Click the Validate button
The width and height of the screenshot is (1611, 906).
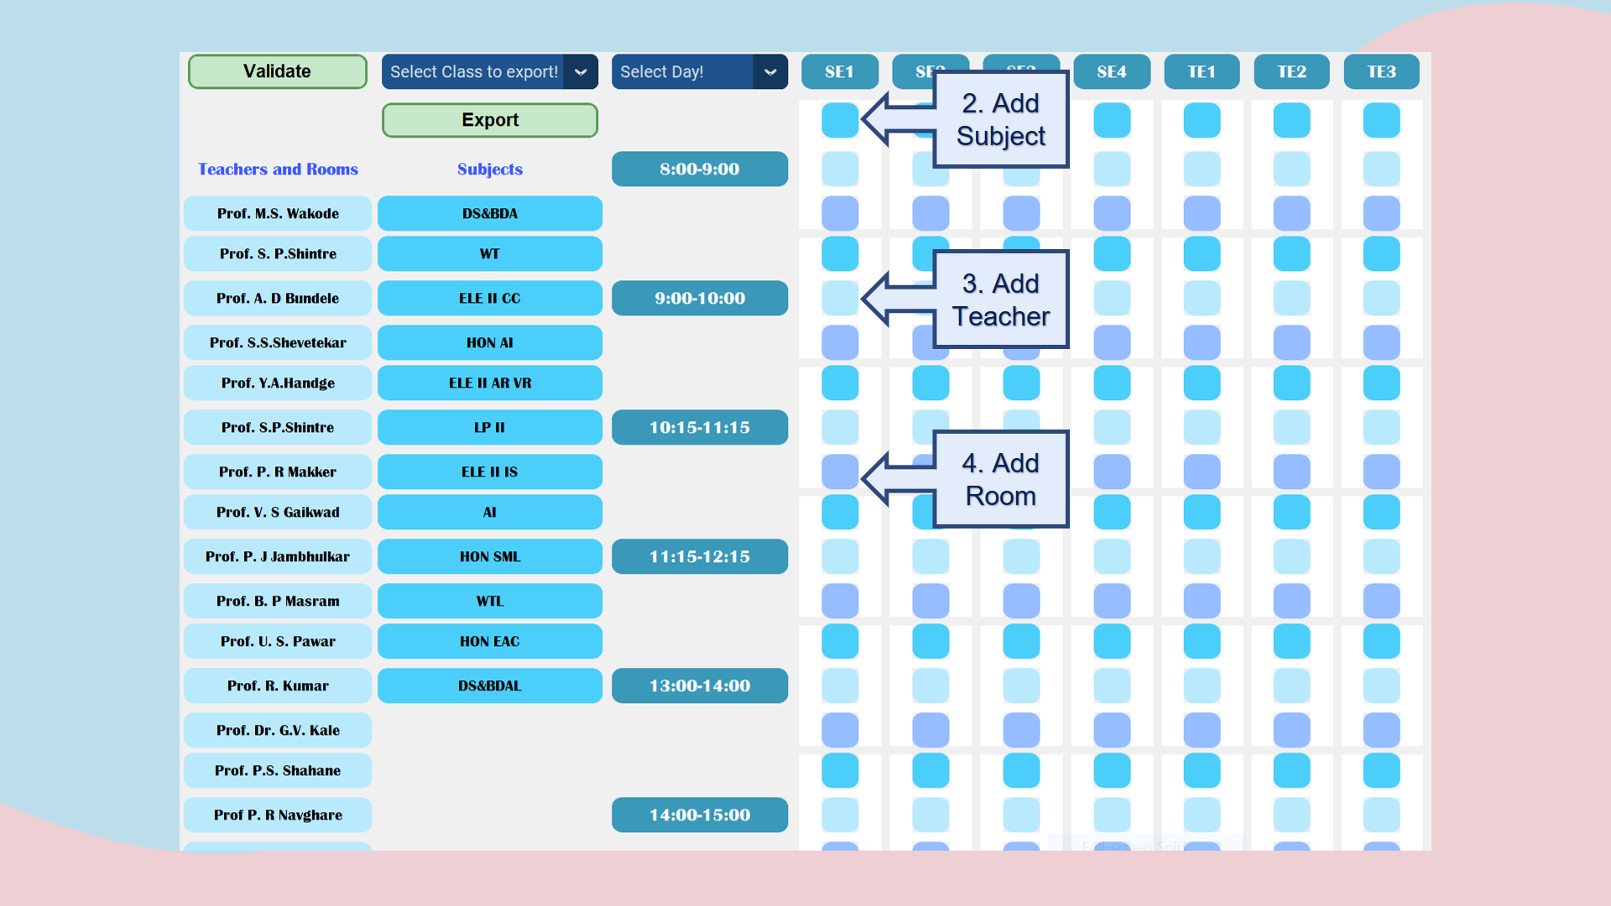277,71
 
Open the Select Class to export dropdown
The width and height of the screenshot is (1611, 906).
489,72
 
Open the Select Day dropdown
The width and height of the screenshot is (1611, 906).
699,72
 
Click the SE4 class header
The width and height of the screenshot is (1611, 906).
1112,72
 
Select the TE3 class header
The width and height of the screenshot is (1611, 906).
1381,72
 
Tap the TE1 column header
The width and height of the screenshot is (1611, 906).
1202,72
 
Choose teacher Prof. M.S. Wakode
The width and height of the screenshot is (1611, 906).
278,213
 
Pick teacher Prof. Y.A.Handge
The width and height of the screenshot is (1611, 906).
278,383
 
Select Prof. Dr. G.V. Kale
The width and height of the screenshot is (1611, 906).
278,730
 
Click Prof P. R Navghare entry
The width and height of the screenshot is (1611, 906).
278,815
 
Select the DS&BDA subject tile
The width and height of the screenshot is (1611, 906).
490,213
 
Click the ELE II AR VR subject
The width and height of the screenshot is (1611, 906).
490,383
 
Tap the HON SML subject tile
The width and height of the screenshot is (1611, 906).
490,556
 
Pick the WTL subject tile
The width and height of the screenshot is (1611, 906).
490,601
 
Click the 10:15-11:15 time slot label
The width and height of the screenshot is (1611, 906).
700,427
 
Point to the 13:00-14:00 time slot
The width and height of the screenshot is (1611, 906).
700,685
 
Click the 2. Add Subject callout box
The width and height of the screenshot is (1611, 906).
1000,119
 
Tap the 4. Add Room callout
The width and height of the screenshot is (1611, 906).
1000,479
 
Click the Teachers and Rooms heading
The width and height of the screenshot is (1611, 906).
278,169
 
